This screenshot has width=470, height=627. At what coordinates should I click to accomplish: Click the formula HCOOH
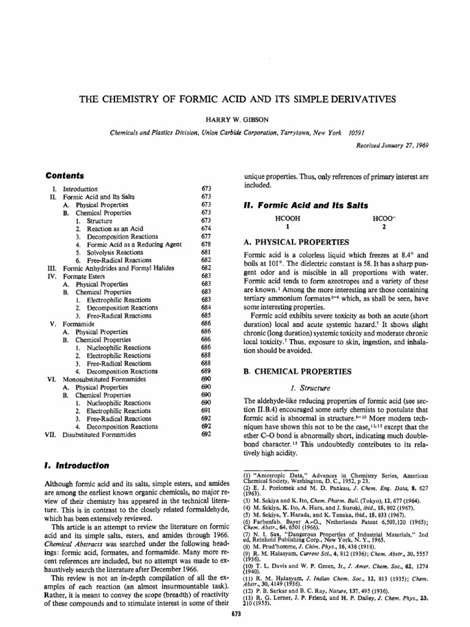[x=288, y=218]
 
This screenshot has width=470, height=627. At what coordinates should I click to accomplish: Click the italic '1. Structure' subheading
[x=312, y=388]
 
